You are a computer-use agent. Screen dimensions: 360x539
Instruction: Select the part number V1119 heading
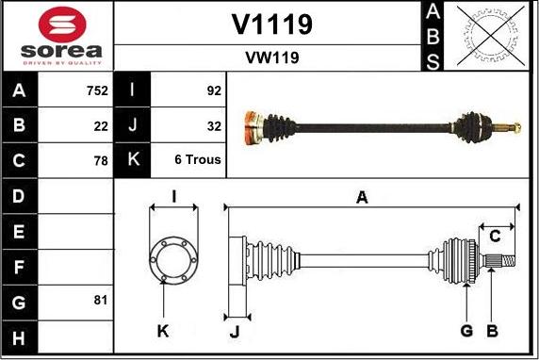tap(271, 25)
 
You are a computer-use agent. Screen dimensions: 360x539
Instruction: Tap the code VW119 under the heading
tap(271, 58)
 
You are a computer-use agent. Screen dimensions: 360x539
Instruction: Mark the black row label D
tap(20, 197)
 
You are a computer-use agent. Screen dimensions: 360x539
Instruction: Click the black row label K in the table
tap(132, 160)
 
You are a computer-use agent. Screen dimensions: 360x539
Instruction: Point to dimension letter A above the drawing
tap(361, 197)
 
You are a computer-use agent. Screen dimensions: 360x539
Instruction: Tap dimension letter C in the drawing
tap(494, 236)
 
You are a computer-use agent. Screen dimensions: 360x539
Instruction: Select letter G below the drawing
tap(466, 330)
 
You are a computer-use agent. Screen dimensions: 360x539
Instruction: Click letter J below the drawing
tap(236, 331)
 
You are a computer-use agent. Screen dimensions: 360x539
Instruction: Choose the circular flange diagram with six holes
tap(172, 255)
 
